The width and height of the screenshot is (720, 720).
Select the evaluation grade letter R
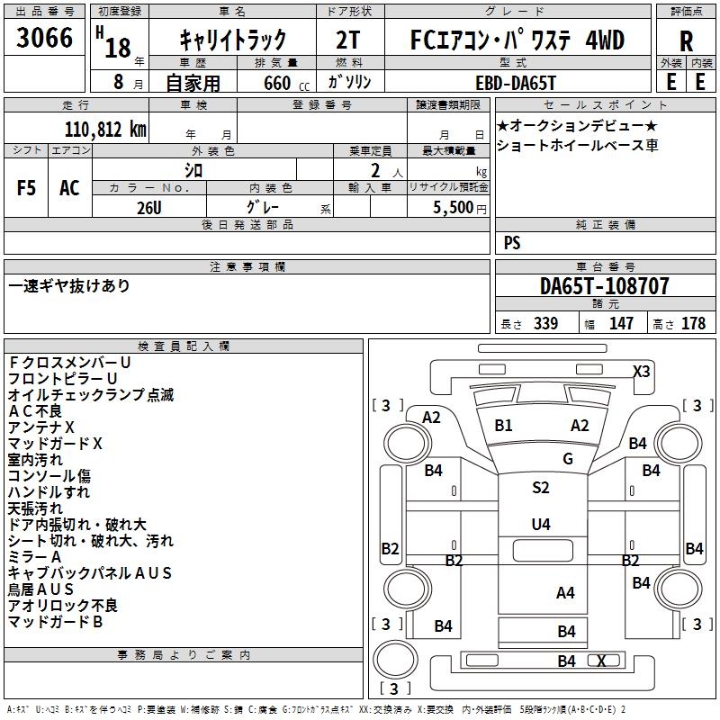(x=686, y=40)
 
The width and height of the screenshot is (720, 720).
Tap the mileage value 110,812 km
(x=105, y=130)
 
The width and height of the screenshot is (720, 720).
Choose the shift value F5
(x=27, y=188)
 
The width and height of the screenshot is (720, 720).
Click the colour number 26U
(x=149, y=207)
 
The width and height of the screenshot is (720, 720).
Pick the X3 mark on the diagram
(x=641, y=371)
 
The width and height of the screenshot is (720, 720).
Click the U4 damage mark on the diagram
(x=540, y=524)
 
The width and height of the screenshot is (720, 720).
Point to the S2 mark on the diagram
(x=540, y=488)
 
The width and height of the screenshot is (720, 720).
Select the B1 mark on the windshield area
(x=503, y=425)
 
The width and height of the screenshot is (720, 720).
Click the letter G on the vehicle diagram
(x=568, y=459)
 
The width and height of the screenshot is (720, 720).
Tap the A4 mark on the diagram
(x=565, y=592)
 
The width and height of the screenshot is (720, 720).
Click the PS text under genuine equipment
(x=512, y=243)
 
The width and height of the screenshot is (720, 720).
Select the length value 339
(x=545, y=324)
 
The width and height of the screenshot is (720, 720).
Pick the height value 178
(x=693, y=324)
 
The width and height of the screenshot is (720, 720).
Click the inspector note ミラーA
(x=34, y=557)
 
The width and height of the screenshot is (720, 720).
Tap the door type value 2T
(x=351, y=40)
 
